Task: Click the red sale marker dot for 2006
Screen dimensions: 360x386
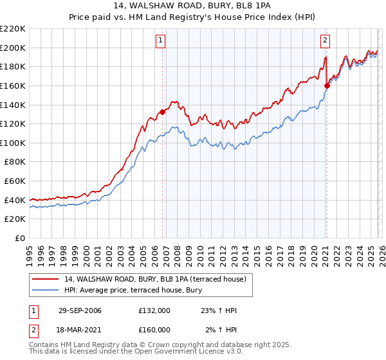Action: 162,112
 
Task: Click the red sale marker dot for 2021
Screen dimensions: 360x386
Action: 327,85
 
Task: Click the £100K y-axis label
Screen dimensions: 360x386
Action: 13,143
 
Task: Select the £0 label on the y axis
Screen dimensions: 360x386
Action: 21,238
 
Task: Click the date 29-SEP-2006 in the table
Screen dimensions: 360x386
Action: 80,311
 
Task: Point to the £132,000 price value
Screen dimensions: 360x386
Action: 154,311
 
